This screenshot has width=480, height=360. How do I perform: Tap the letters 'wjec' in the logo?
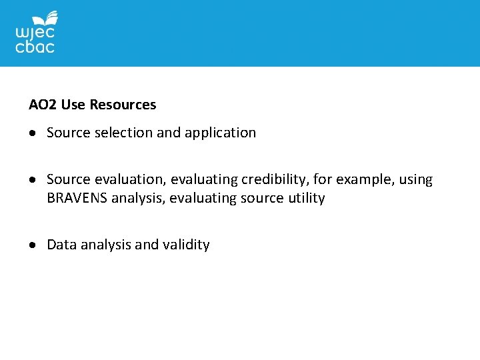pos(35,33)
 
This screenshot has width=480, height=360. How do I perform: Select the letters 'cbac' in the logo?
pos(35,47)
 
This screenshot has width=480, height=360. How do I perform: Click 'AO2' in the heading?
pos(43,105)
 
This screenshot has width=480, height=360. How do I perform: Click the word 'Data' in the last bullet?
pos(61,245)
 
